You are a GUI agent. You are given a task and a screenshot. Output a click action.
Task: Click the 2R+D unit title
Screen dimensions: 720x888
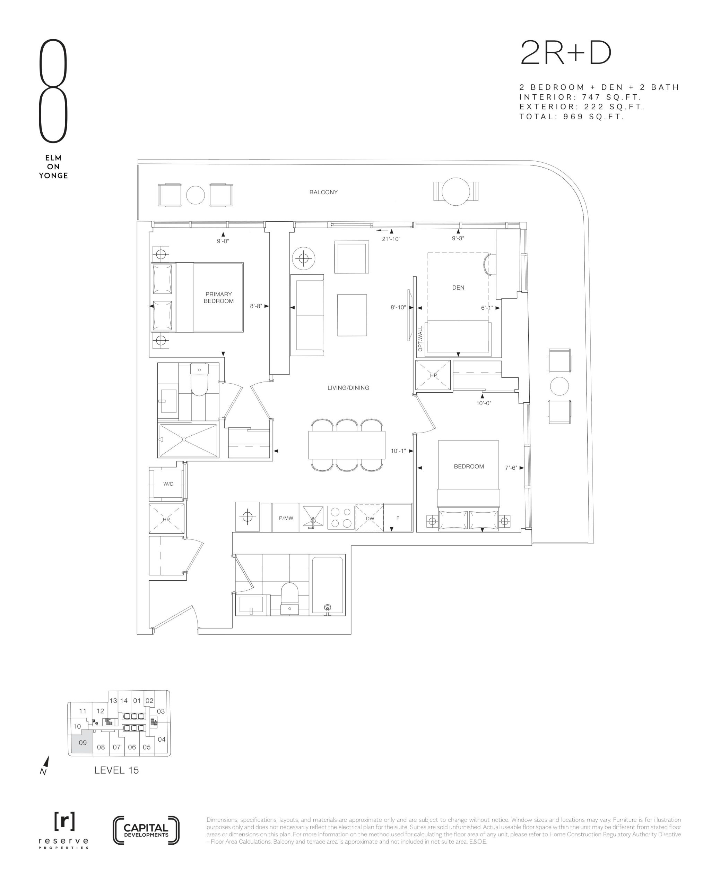[x=566, y=53]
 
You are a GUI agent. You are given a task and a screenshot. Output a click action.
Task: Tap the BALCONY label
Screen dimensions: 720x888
[x=323, y=192]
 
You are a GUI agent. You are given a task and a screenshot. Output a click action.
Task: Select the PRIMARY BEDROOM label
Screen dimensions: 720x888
[x=219, y=298]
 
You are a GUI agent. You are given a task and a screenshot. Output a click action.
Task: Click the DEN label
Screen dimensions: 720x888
[x=458, y=288]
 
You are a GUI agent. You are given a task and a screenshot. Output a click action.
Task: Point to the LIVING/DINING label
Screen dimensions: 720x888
[x=348, y=387]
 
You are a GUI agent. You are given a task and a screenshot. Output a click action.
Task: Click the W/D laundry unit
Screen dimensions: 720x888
[x=168, y=484]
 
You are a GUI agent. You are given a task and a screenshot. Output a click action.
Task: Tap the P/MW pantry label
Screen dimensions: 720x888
[x=286, y=518]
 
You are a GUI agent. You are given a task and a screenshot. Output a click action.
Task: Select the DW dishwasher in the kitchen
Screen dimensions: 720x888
[x=370, y=518]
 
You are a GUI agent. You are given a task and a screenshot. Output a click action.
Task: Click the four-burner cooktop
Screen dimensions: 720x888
[x=341, y=518]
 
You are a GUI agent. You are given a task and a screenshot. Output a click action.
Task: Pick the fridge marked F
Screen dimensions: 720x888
[x=398, y=518]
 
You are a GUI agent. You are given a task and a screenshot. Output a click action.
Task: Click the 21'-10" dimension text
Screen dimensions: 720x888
[x=391, y=239]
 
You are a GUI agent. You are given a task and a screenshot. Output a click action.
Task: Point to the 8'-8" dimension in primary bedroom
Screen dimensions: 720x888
[x=256, y=306]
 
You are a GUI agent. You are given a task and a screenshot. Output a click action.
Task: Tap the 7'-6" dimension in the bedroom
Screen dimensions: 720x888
[x=511, y=468]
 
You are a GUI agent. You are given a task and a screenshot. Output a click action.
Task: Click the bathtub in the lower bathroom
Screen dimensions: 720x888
[x=328, y=586]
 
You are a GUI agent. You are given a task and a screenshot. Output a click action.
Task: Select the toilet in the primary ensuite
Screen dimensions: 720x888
[x=199, y=379]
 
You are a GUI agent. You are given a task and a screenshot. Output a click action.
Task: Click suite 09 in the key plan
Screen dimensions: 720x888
[x=83, y=742]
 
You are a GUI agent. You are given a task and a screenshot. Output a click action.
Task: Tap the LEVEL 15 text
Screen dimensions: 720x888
[x=116, y=770]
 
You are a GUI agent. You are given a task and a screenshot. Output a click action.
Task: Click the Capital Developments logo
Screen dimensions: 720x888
[x=146, y=830]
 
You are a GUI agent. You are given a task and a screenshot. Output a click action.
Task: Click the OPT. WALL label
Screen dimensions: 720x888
[x=420, y=339]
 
